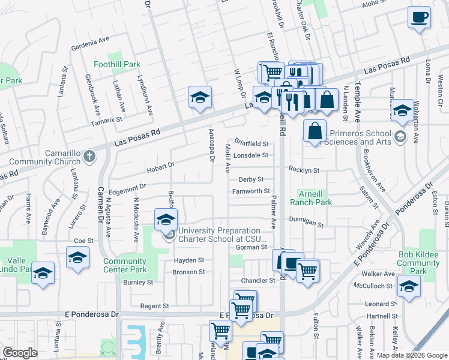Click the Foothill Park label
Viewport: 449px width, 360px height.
click(x=117, y=64)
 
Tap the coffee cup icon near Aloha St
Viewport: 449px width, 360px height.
click(x=419, y=17)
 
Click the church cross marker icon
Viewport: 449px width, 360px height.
click(x=89, y=157)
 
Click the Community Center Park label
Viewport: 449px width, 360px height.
click(x=125, y=265)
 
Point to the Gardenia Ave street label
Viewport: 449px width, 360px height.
click(x=90, y=43)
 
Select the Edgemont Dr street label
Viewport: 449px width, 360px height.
click(x=127, y=188)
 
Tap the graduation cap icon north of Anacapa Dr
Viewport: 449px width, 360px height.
click(x=200, y=97)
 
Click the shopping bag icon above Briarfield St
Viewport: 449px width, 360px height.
click(x=315, y=130)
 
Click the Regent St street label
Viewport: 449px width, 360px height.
click(x=154, y=306)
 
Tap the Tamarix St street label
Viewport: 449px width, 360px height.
click(x=107, y=119)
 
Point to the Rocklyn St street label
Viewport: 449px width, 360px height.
click(x=303, y=170)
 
